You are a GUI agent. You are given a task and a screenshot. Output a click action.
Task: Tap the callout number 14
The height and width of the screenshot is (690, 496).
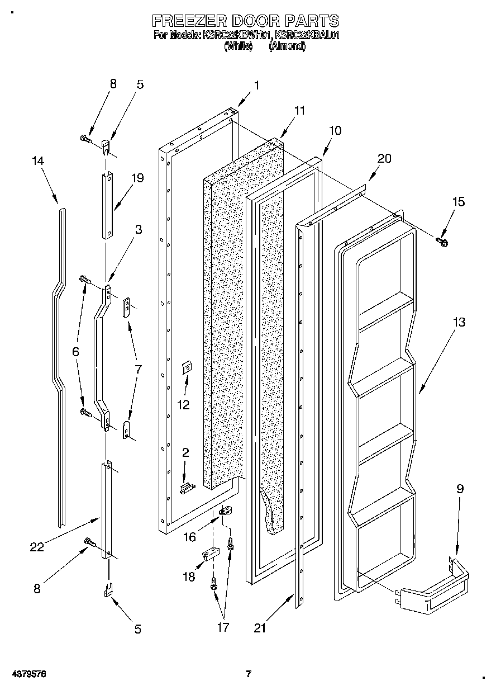pyautogui.click(x=38, y=161)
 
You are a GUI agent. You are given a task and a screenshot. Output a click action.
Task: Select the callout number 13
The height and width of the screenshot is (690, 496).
pyautogui.click(x=459, y=323)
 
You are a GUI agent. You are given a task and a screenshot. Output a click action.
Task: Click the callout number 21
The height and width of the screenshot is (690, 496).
pyautogui.click(x=259, y=628)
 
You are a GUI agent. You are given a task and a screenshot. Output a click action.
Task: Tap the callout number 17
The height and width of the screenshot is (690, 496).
pyautogui.click(x=222, y=627)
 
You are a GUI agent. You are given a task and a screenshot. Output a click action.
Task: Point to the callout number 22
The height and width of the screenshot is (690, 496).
pyautogui.click(x=37, y=547)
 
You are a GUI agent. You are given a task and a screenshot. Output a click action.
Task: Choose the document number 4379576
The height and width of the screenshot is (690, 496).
pyautogui.click(x=24, y=674)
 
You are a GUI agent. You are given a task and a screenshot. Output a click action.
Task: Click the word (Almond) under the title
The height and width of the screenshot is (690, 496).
pyautogui.click(x=287, y=47)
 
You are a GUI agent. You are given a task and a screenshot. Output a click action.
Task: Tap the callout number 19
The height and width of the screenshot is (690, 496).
pyautogui.click(x=137, y=178)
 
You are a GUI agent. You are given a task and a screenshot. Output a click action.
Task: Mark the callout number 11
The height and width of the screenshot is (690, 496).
pyautogui.click(x=299, y=111)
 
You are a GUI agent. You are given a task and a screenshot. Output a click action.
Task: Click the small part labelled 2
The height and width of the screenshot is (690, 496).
pyautogui.click(x=186, y=488)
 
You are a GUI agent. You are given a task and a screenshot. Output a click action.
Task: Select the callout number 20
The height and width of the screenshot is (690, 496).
pyautogui.click(x=384, y=158)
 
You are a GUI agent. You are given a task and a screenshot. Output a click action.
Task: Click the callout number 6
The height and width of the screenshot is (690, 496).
pyautogui.click(x=75, y=352)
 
